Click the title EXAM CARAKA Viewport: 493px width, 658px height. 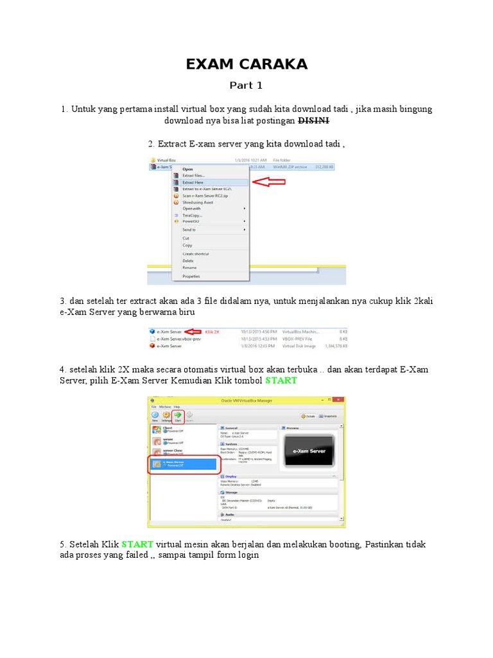(x=246, y=64)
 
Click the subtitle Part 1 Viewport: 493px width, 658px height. (x=246, y=85)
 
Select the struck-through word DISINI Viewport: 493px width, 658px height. (x=314, y=120)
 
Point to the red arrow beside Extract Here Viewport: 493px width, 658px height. (x=270, y=182)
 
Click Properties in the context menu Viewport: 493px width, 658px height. (x=191, y=276)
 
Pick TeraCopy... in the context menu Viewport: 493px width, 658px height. (x=192, y=215)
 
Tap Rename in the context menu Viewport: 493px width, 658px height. (x=189, y=267)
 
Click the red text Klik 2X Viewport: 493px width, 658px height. (x=212, y=332)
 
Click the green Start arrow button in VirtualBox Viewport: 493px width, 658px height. (x=177, y=416)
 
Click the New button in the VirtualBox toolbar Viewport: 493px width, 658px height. (x=155, y=416)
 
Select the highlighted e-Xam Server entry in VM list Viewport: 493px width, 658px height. (x=183, y=463)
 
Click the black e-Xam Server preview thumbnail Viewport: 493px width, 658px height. (x=309, y=451)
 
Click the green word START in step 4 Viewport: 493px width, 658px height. (x=281, y=380)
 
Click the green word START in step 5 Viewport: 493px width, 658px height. (x=137, y=544)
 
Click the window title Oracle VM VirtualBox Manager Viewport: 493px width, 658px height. (x=246, y=400)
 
